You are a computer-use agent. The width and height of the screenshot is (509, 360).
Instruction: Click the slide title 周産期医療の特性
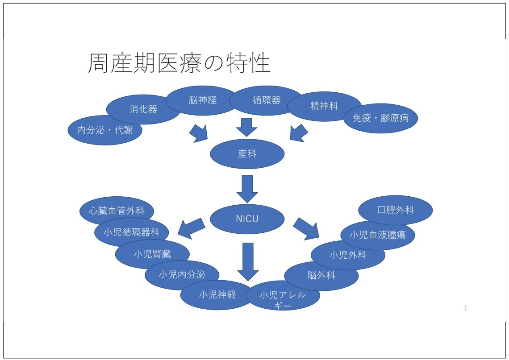[179, 64]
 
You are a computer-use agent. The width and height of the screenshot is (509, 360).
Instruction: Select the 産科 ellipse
[247, 154]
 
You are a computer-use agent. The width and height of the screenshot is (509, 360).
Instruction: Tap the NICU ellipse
[247, 219]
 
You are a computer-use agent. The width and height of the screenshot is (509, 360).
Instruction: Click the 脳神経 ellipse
[202, 100]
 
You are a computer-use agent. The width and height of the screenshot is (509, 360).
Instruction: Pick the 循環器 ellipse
[267, 100]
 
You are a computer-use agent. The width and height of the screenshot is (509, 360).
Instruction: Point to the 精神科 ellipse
[324, 106]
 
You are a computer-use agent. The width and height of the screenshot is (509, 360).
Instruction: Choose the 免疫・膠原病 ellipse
[380, 118]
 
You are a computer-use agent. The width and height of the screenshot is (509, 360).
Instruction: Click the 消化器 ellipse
[143, 109]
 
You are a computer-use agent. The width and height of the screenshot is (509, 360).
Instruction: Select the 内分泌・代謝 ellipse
[105, 130]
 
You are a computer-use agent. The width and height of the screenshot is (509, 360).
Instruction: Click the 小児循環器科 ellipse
[131, 232]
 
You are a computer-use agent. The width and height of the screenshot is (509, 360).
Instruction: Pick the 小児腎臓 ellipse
[152, 254]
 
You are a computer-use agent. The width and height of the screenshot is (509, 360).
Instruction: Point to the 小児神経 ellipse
[217, 294]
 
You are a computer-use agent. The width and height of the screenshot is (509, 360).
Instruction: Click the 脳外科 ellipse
[321, 276]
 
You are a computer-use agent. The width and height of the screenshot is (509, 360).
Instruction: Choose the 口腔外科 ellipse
[396, 210]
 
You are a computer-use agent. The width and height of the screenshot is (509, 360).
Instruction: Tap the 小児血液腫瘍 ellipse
[378, 235]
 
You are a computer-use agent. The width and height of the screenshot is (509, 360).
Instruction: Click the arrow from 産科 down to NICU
[247, 189]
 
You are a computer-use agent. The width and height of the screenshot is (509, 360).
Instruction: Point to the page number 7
[466, 308]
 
